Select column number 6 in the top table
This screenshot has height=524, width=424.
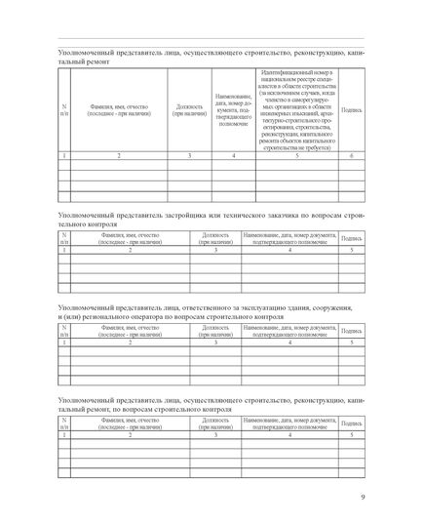351,156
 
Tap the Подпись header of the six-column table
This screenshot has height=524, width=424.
351,111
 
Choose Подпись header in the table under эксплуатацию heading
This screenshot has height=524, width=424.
351,332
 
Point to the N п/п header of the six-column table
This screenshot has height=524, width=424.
65,110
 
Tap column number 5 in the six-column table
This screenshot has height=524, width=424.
297,156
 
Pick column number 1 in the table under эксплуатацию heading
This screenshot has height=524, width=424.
65,343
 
